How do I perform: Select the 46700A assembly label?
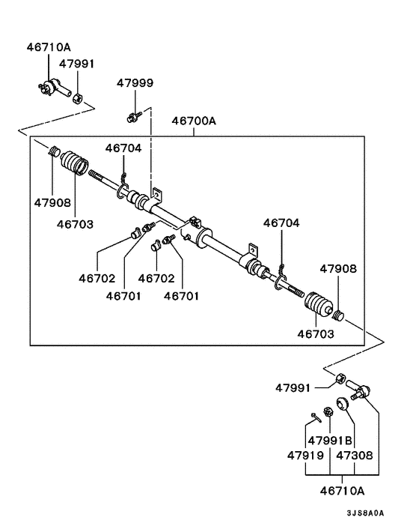click(x=195, y=120)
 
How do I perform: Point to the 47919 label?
click(x=305, y=455)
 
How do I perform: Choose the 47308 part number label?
click(x=355, y=455)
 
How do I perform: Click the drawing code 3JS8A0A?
click(x=365, y=513)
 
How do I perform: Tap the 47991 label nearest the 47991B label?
click(x=292, y=387)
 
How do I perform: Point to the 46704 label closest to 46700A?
click(x=123, y=148)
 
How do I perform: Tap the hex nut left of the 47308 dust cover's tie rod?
click(x=337, y=381)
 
